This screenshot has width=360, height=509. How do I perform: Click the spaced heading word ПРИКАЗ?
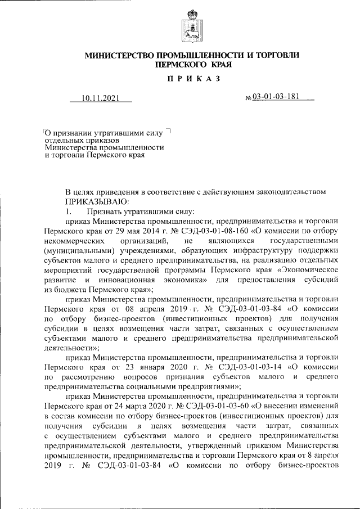click(x=192, y=78)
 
